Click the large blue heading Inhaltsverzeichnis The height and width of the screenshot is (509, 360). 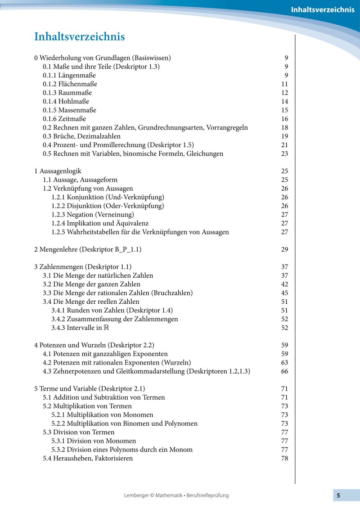79,37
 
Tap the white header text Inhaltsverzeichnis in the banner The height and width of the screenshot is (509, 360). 322,10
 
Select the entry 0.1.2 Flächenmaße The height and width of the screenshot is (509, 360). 70,84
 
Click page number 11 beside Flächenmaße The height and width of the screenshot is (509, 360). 284,84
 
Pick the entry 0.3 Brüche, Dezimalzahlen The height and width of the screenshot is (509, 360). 81,136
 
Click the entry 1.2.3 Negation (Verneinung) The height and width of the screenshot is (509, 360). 92,215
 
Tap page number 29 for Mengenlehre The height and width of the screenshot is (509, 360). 284,249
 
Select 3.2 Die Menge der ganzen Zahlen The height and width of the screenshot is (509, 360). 91,284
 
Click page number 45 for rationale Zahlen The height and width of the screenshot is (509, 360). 284,293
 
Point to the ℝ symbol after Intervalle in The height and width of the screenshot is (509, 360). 106,328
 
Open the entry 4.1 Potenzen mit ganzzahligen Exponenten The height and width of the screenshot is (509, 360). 105,354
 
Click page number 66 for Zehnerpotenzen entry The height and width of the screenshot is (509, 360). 284,371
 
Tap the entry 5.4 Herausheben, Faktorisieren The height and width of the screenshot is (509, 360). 88,459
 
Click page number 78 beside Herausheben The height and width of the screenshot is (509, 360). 284,459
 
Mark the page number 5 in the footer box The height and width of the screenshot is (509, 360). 338,495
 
